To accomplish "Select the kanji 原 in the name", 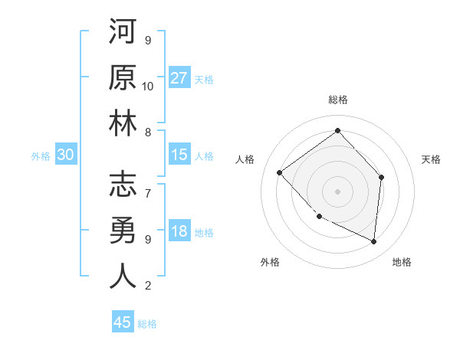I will [x=123, y=77].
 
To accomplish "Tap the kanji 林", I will [x=123, y=123].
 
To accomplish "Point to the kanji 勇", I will [x=123, y=230].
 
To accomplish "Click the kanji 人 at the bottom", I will [x=123, y=276].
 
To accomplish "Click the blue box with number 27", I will [x=179, y=78].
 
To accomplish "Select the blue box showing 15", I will [x=179, y=155].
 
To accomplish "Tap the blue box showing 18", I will [x=179, y=232].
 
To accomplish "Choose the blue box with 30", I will [x=65, y=155].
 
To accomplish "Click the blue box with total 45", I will [x=123, y=322].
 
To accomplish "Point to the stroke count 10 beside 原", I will [x=148, y=86].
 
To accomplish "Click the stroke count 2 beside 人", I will [x=148, y=286].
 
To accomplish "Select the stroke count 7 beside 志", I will [x=148, y=186].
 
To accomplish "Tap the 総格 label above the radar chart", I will [x=337, y=100].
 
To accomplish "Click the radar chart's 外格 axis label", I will [x=270, y=262].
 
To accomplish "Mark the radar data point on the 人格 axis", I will [x=280, y=172].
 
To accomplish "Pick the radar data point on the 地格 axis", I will [x=373, y=241].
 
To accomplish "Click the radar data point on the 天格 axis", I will [x=382, y=177].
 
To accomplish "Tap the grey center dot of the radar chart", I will [x=337, y=191].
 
